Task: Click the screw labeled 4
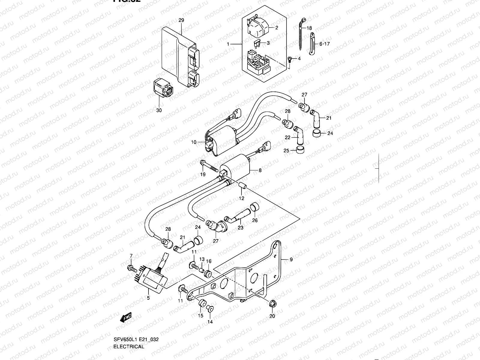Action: (290, 59)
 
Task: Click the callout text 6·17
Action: (324, 44)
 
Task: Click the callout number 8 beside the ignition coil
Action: (260, 170)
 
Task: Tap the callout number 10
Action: (193, 142)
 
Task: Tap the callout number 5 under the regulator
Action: (148, 298)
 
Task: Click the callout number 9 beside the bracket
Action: (291, 259)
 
